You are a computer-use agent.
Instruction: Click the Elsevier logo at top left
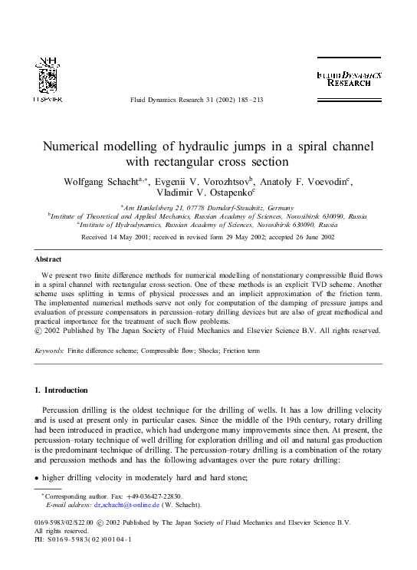point(48,79)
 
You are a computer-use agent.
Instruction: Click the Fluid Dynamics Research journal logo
point(349,78)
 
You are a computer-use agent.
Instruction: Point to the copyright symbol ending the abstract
point(40,331)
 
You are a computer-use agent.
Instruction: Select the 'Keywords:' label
point(49,351)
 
